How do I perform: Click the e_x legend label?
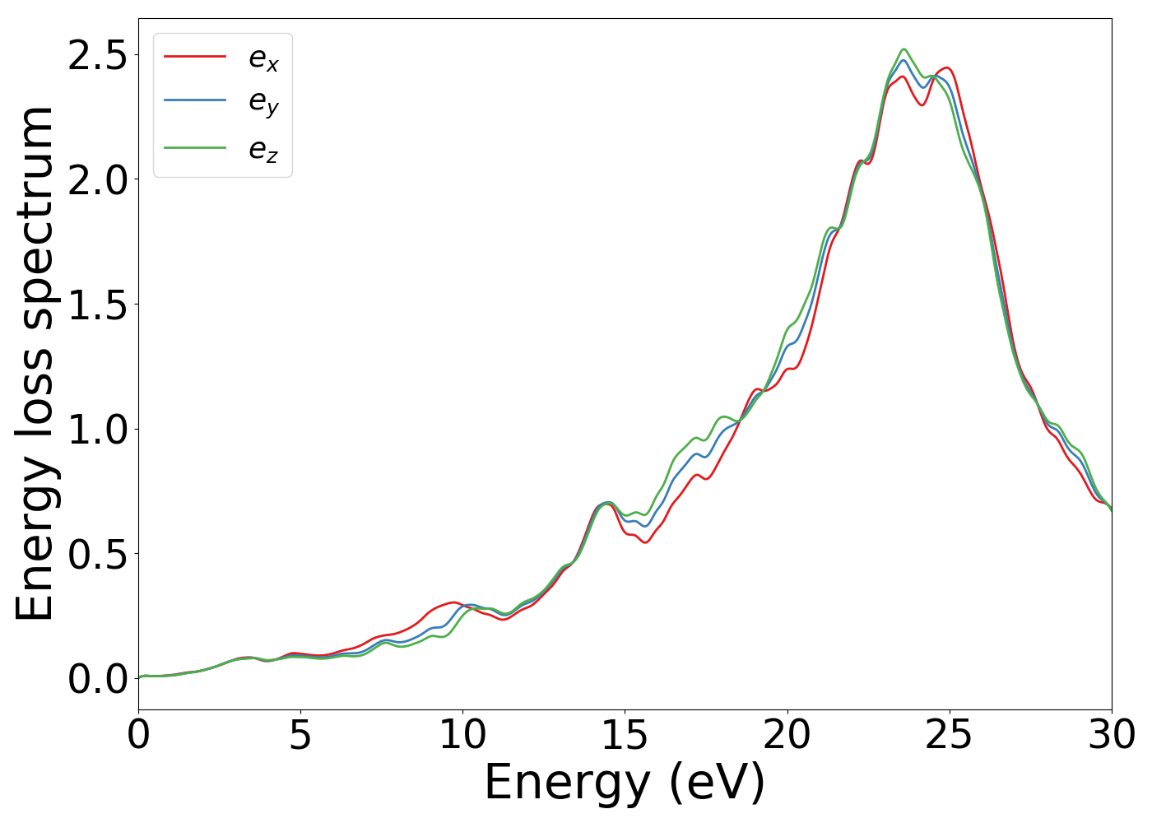(x=263, y=58)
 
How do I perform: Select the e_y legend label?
(x=263, y=102)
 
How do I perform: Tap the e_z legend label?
(x=263, y=149)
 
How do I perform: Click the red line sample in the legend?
(x=195, y=56)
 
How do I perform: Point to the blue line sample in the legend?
(x=195, y=100)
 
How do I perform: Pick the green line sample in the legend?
(x=195, y=147)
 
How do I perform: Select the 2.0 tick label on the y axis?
(x=97, y=179)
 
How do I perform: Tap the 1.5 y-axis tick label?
(x=97, y=305)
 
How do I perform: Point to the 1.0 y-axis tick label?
(x=97, y=429)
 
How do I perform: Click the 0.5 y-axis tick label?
(x=97, y=554)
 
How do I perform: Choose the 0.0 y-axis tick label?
(x=97, y=679)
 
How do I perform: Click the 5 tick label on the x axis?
(x=300, y=735)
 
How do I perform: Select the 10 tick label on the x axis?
(x=462, y=735)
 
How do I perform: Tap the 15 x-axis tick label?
(x=625, y=735)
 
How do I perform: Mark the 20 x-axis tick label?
(x=787, y=735)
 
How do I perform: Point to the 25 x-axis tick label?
(x=949, y=735)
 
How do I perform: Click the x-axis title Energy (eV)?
(x=625, y=782)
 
